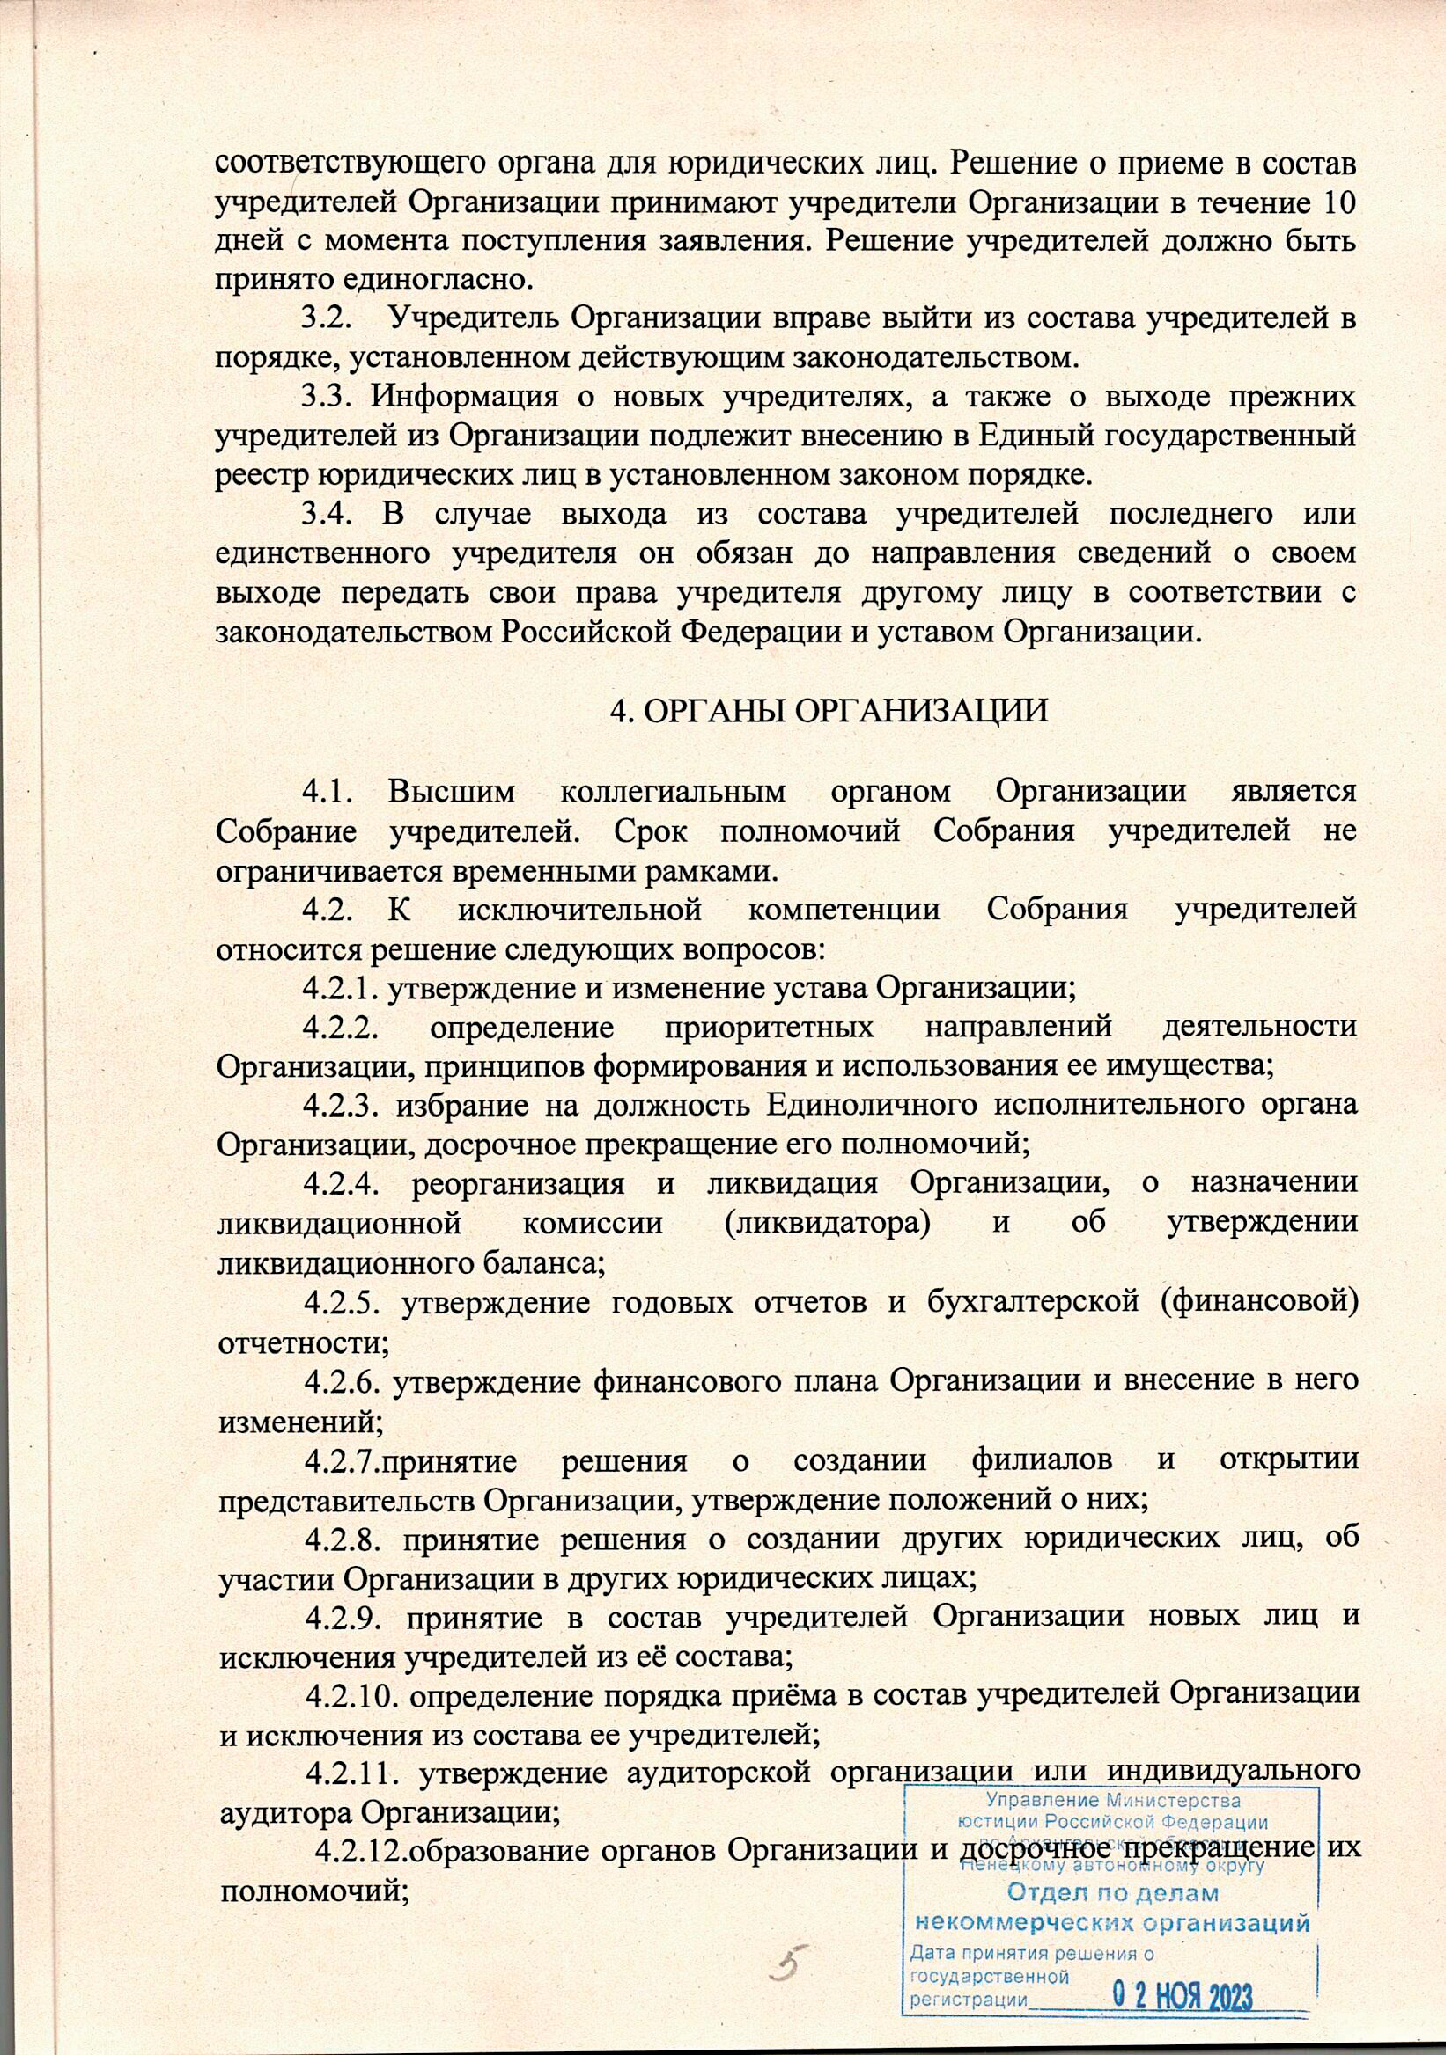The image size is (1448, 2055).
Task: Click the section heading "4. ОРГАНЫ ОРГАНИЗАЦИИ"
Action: (828, 710)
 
